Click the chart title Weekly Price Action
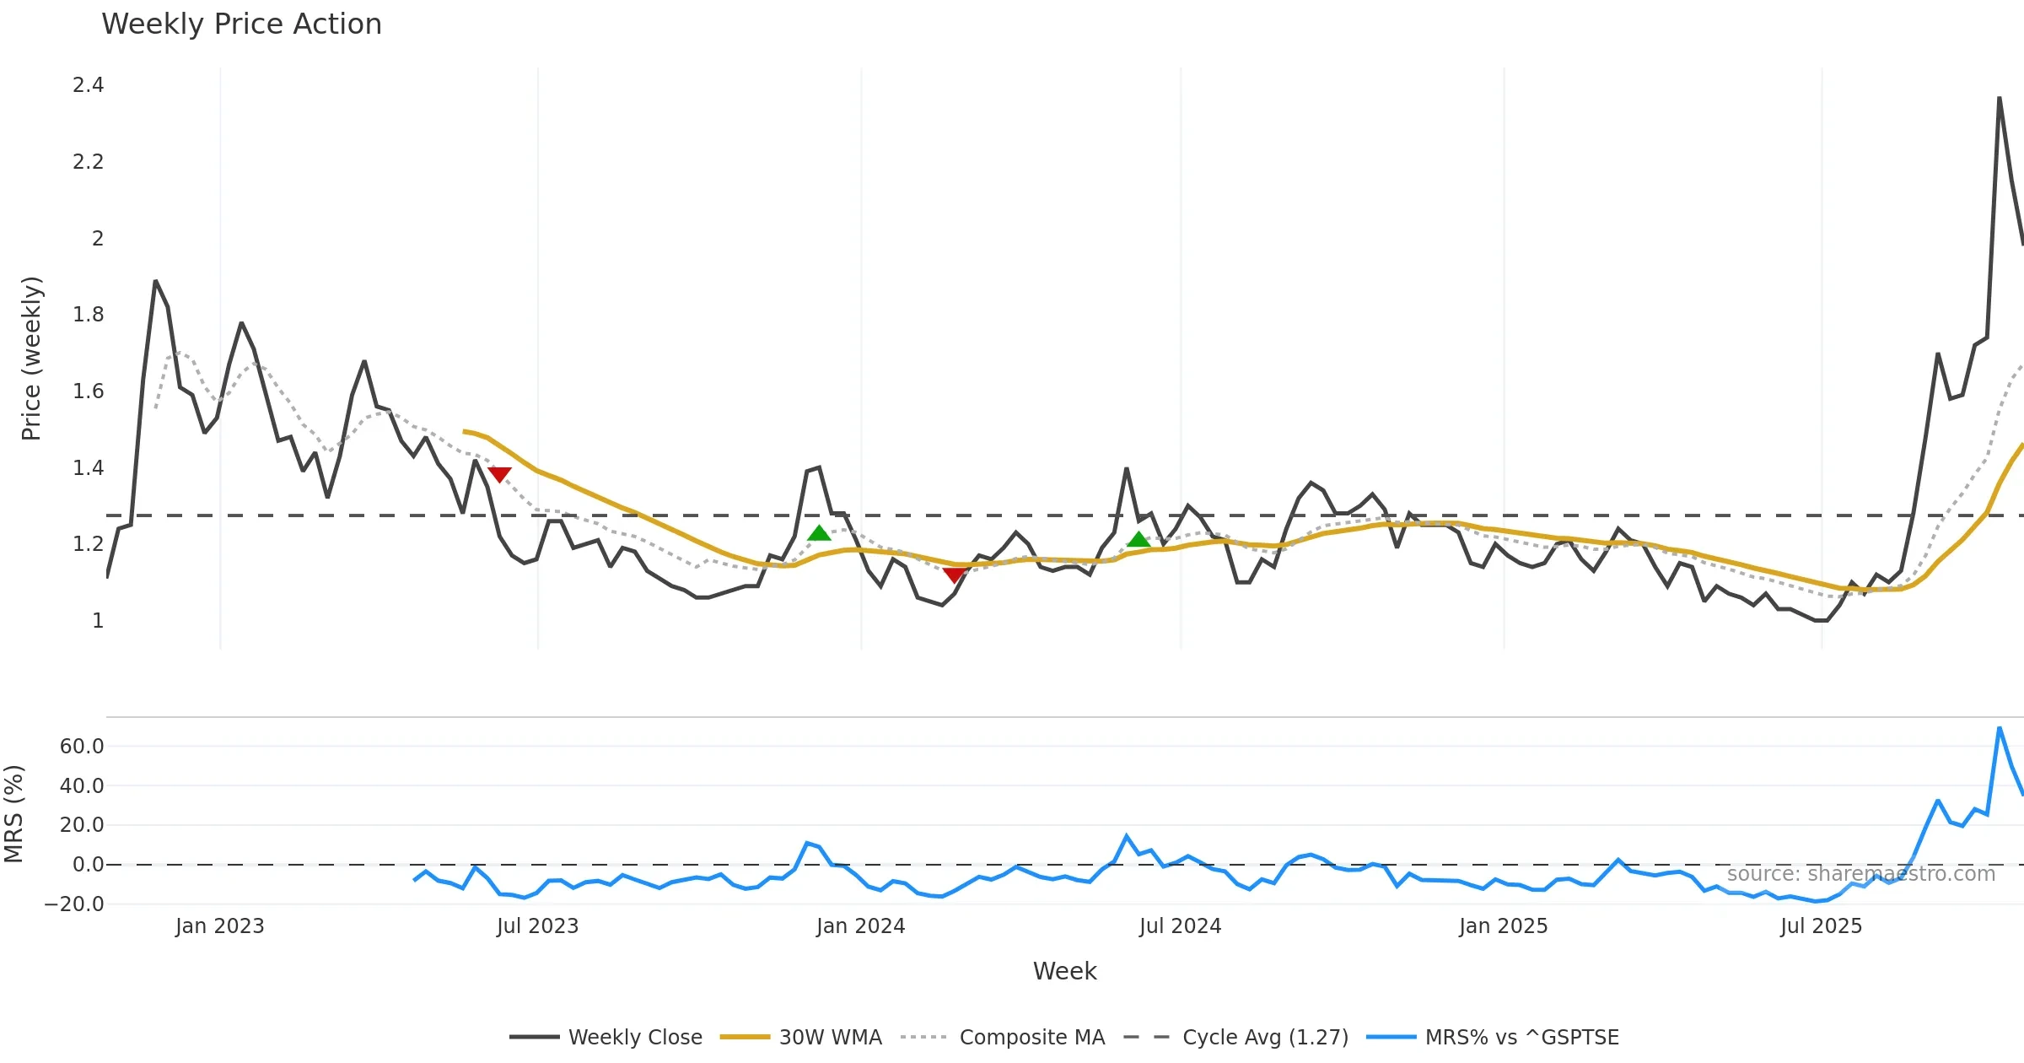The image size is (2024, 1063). (x=241, y=24)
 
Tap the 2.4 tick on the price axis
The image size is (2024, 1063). (x=89, y=85)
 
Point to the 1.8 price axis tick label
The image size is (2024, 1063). (x=89, y=315)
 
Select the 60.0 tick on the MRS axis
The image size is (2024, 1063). (x=82, y=746)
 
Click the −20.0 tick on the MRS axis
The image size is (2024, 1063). (x=74, y=904)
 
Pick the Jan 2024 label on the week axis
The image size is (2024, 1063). (x=860, y=926)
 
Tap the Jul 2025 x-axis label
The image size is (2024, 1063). (x=1821, y=926)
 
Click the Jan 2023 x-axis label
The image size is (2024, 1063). (x=220, y=926)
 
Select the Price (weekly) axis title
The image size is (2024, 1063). (x=31, y=359)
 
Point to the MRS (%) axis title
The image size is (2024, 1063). (x=13, y=814)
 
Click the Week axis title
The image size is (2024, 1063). (x=1064, y=972)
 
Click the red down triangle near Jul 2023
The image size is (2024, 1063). (x=499, y=475)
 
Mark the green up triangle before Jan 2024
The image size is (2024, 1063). (x=819, y=532)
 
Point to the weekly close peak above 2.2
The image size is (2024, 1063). (x=1999, y=99)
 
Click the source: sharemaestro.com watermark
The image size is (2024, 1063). (x=1860, y=874)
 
